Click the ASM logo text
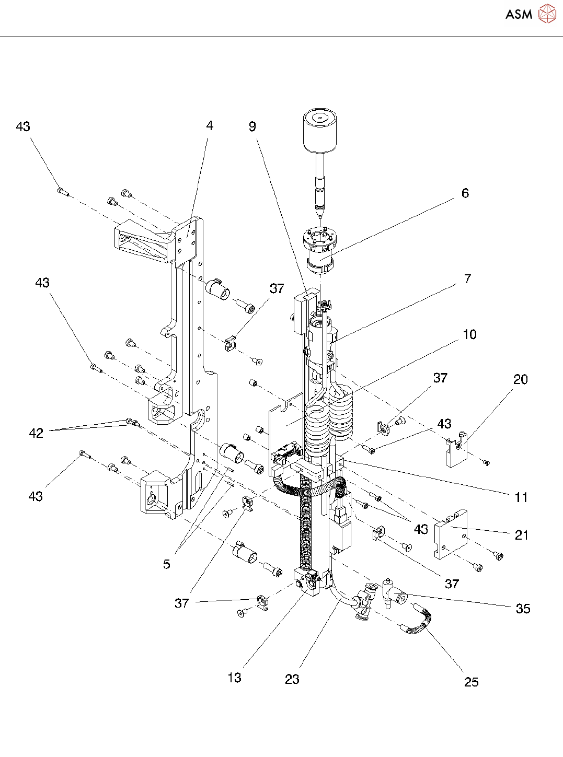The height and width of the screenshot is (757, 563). click(519, 15)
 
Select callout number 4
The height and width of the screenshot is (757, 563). click(210, 125)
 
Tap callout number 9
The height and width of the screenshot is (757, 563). click(252, 127)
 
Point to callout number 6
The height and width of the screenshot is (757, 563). click(465, 193)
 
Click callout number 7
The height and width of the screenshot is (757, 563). click(467, 279)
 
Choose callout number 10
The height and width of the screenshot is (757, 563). click(469, 334)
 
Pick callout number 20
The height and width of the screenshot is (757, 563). click(520, 380)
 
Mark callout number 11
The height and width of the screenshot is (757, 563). click(521, 497)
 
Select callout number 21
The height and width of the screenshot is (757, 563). click(521, 535)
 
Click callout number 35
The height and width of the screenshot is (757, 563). click(523, 609)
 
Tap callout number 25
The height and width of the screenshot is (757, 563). click(471, 682)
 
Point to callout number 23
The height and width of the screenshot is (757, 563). click(292, 679)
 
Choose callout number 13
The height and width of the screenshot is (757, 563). click(234, 678)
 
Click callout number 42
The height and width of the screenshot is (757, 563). click(36, 433)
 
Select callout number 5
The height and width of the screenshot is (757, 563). click(166, 564)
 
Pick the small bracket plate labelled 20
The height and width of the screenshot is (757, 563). click(455, 449)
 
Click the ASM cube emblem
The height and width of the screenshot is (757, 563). click(546, 14)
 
